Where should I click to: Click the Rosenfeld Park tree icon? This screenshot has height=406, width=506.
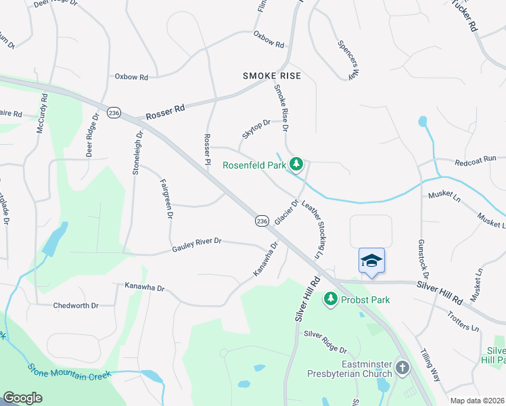(296, 164)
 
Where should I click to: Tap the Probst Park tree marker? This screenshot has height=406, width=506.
(331, 298)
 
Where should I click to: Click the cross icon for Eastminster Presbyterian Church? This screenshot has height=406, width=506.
(402, 368)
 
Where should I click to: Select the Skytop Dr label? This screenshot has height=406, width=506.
(256, 129)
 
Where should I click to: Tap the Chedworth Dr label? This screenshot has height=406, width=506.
(76, 305)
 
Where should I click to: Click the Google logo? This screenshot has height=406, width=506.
(22, 398)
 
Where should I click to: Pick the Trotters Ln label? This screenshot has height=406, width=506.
(463, 321)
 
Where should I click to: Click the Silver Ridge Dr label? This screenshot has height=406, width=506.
(325, 342)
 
